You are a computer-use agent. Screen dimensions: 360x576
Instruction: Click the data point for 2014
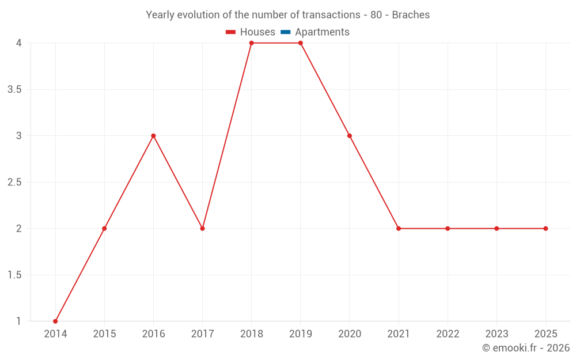55,321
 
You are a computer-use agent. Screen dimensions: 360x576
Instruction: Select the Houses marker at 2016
153,136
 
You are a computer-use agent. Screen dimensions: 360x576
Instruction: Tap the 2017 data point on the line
203,229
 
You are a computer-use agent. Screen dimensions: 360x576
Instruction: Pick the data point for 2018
252,43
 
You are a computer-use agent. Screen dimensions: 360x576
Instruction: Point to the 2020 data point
350,136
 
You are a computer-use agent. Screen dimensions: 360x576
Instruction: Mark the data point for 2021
399,229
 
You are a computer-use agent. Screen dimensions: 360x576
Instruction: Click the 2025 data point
545,229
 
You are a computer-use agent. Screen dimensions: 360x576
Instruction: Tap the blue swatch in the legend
285,32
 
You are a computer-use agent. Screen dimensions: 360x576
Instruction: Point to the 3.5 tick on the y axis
14,89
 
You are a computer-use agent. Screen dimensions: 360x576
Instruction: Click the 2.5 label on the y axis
14,182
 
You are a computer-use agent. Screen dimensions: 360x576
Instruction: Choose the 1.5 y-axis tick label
14,275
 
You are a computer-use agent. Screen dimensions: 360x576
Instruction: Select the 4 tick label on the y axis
19,43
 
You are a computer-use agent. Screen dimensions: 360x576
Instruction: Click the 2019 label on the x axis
301,334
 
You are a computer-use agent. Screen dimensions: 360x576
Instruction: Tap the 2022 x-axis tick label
448,334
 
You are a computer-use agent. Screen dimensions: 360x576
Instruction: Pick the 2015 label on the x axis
104,334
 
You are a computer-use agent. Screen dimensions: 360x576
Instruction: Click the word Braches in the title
411,15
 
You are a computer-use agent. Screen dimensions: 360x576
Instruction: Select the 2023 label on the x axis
497,334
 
